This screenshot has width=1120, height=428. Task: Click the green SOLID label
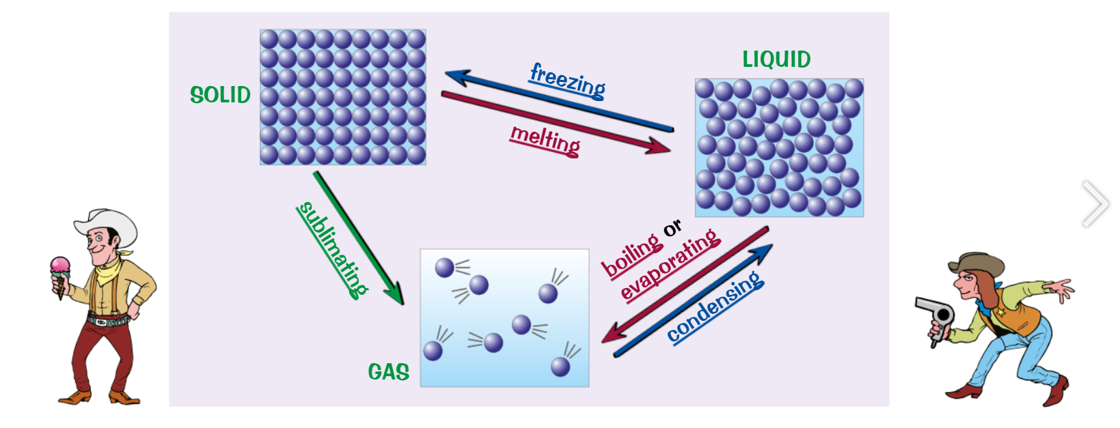[220, 95]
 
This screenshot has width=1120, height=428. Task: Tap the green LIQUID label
[776, 60]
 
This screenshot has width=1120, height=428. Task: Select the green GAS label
[388, 372]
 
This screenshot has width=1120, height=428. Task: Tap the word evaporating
[670, 265]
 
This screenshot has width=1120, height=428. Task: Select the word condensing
[715, 306]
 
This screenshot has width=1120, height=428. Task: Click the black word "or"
[672, 228]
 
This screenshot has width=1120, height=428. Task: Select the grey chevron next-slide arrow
[1095, 203]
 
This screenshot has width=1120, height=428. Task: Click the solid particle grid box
[343, 97]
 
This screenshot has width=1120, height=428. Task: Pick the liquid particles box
[779, 147]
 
